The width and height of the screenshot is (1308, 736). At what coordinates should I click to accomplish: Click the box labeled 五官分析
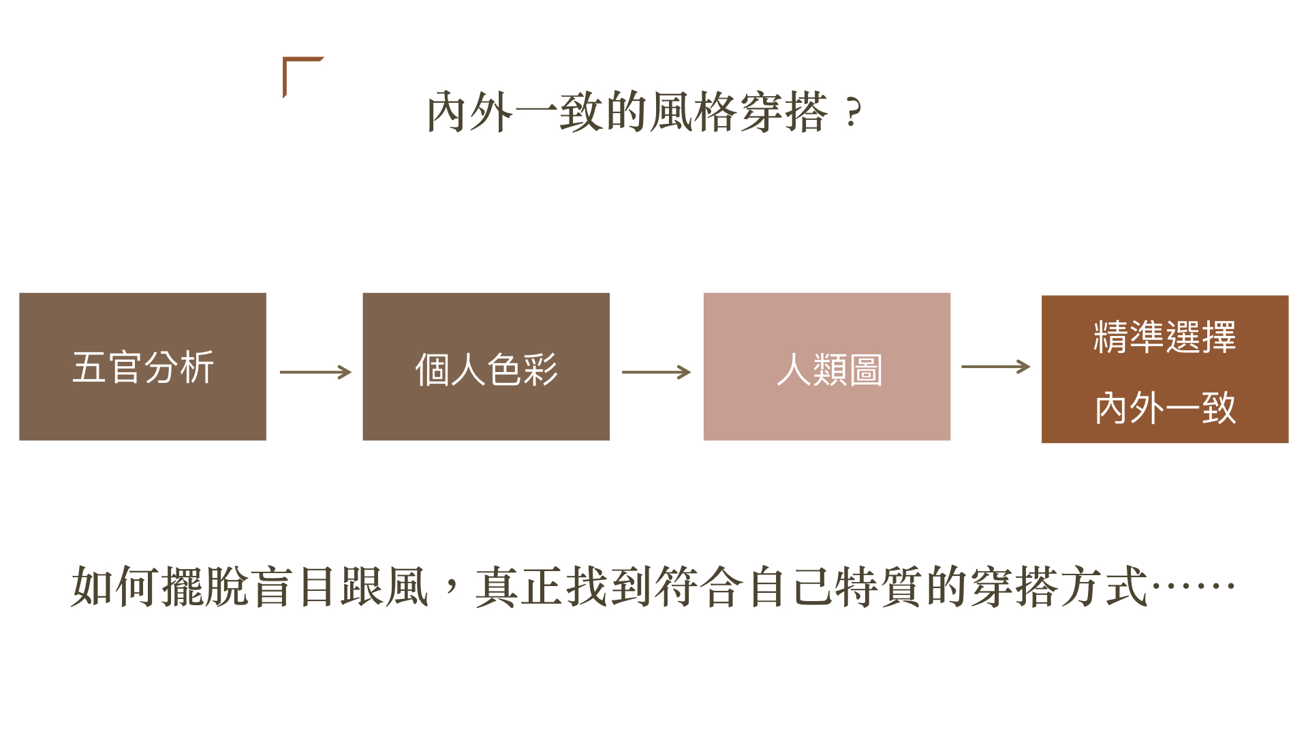[x=142, y=367]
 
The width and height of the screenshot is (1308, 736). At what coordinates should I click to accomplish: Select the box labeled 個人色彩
[x=486, y=367]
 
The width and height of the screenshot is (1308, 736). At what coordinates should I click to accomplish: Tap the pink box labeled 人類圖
[x=826, y=367]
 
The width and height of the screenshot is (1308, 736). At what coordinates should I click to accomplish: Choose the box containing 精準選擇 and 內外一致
[x=1164, y=369]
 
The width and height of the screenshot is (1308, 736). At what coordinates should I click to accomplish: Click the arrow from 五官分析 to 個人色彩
[x=315, y=372]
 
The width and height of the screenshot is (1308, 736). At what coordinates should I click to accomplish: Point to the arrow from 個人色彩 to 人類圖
[x=656, y=372]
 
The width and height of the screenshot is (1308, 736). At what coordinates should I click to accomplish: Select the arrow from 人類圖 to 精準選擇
[x=995, y=367]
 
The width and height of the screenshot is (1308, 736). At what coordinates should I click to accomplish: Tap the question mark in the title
[x=852, y=113]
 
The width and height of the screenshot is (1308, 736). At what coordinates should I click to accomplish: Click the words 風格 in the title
[x=694, y=112]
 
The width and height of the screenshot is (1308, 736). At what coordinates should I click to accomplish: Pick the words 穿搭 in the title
[x=783, y=112]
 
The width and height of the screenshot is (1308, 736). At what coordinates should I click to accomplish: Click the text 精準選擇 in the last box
[x=1164, y=337]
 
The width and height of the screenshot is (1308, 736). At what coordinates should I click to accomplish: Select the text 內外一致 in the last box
[x=1164, y=408]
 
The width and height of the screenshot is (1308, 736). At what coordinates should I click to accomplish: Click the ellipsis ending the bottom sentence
[x=1193, y=586]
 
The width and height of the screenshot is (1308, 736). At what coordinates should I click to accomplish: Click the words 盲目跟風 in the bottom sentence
[x=339, y=586]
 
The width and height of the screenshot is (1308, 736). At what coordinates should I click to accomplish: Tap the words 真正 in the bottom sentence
[x=519, y=586]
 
